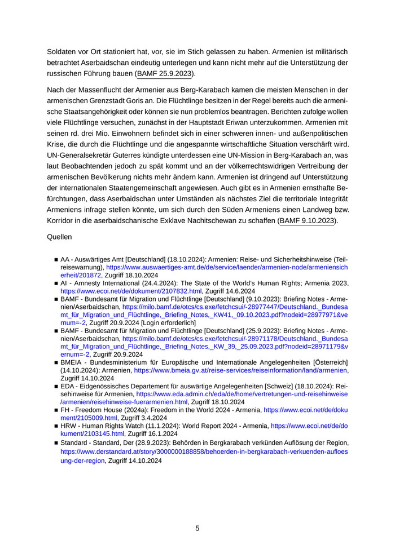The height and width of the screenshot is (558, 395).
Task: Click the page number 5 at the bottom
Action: [x=197, y=528]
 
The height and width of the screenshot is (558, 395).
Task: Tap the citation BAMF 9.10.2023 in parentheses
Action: [x=308, y=221]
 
